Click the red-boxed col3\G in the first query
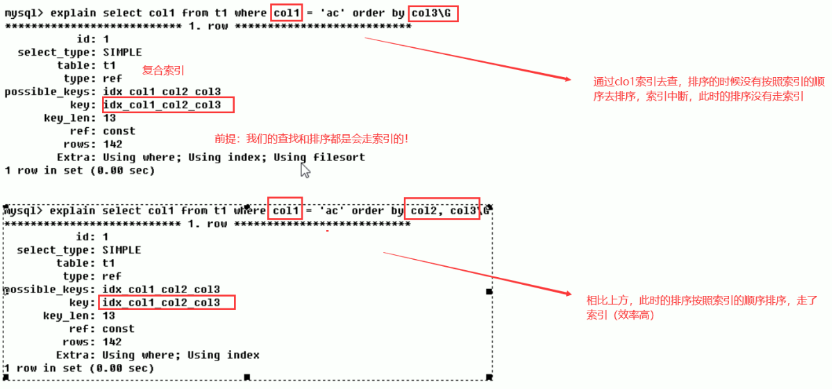[433, 13]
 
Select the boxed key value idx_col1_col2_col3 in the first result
[168, 105]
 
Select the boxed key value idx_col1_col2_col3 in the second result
[167, 302]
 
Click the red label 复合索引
[163, 70]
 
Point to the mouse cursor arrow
[305, 169]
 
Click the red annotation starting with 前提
[312, 138]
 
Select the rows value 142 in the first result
[112, 144]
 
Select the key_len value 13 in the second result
[108, 315]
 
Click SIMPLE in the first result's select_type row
[121, 52]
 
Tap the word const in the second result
[118, 329]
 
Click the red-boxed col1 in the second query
[285, 210]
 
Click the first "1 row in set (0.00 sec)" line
[79, 170]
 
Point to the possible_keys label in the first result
[49, 92]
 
